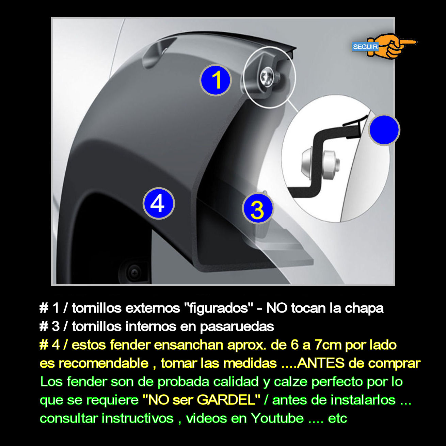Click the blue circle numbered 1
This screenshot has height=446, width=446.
coord(216,80)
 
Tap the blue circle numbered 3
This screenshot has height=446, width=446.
coord(258,208)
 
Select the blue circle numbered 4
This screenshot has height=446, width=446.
coord(159,203)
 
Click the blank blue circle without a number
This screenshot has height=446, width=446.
coord(384,130)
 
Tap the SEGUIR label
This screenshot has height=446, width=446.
coord(365,47)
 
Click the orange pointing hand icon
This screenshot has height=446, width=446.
coord(391,46)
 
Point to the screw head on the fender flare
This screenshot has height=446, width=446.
coord(267,77)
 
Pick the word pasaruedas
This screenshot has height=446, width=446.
coord(237,327)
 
